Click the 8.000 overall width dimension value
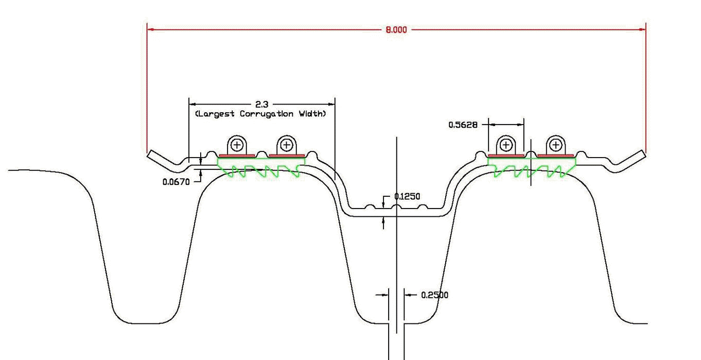(396, 30)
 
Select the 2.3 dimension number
(261, 105)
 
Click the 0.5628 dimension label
(463, 125)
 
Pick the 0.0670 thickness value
(177, 182)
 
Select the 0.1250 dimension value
(407, 196)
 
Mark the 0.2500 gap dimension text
(434, 295)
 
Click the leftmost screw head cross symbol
(237, 145)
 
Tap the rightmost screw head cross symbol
(556, 145)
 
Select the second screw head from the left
(287, 145)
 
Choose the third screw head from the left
(506, 145)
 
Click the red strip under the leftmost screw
(237, 155)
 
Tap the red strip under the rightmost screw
(556, 155)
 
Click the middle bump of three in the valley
(395, 207)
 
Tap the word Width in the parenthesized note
(312, 114)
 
